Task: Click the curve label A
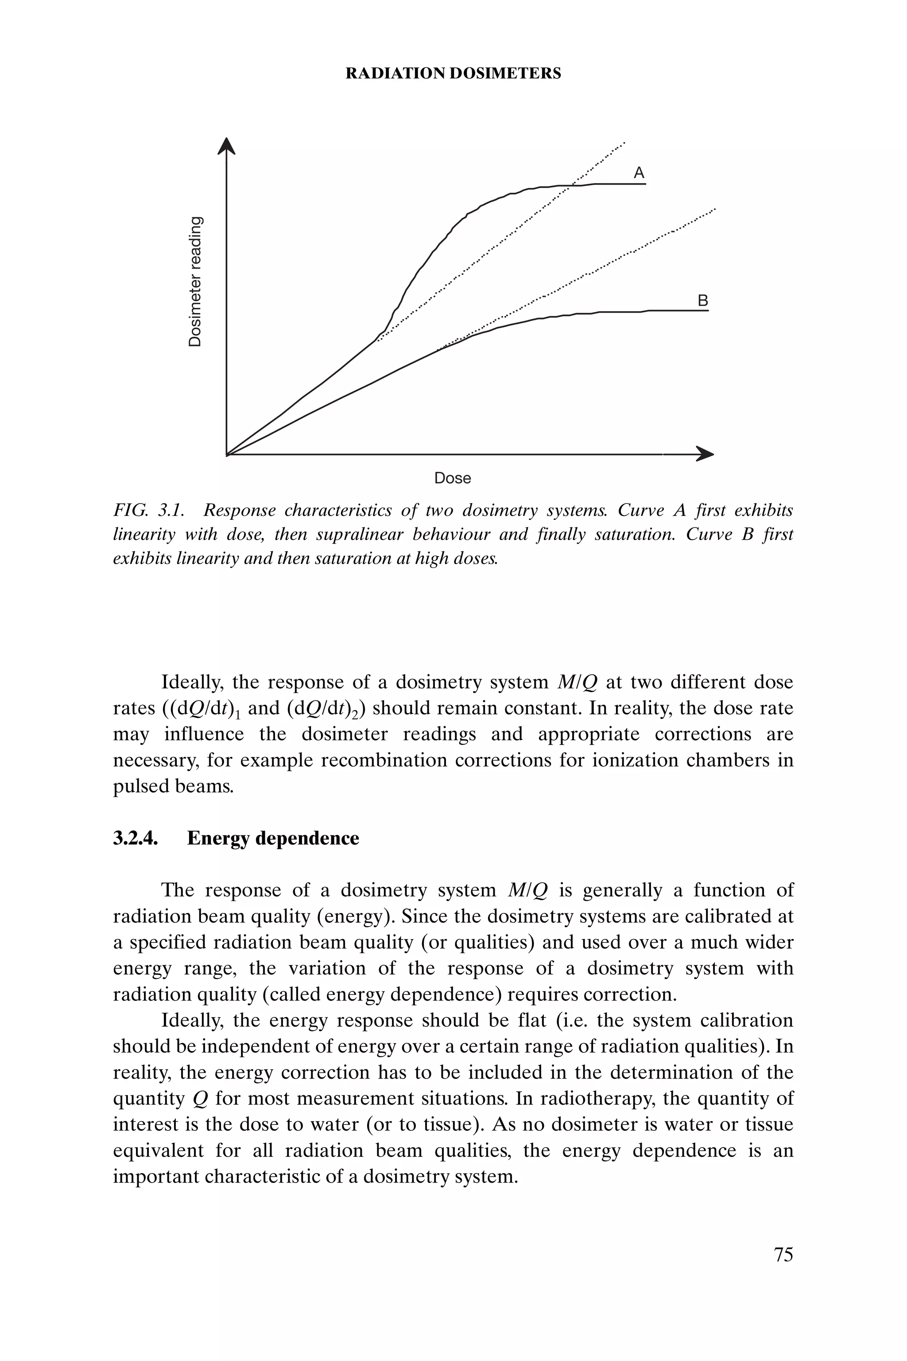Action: pyautogui.click(x=639, y=173)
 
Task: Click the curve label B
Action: pyautogui.click(x=703, y=301)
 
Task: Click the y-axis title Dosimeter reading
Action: pyautogui.click(x=197, y=281)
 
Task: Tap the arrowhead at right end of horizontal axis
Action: pyautogui.click(x=705, y=454)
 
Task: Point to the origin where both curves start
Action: pyautogui.click(x=227, y=454)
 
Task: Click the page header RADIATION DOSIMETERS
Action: pyautogui.click(x=453, y=73)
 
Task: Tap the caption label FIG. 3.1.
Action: pyautogui.click(x=149, y=510)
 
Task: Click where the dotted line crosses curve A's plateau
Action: pyautogui.click(x=570, y=185)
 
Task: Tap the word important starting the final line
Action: pyautogui.click(x=155, y=1176)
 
